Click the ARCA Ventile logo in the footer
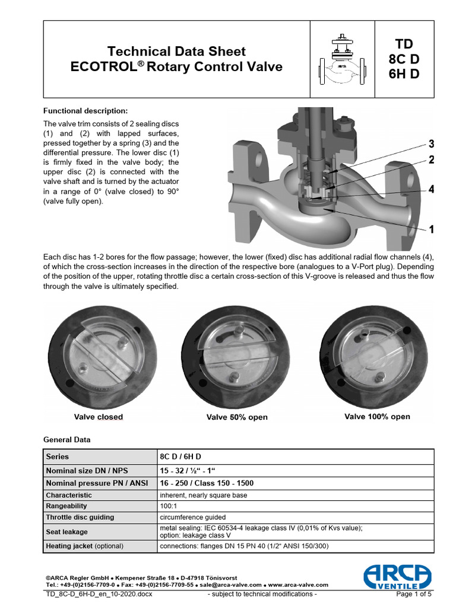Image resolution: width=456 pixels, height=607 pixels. (397, 576)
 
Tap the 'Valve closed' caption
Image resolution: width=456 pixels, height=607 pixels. (99, 417)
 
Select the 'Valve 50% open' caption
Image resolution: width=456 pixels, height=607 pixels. (237, 417)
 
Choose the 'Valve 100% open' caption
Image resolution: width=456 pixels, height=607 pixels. (377, 417)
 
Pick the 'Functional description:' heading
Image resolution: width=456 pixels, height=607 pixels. (85, 111)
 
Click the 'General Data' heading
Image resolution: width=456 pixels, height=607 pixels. (67, 440)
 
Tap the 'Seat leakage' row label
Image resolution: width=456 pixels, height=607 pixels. (66, 532)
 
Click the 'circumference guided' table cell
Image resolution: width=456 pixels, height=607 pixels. (193, 517)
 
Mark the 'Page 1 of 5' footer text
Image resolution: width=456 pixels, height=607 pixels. (414, 594)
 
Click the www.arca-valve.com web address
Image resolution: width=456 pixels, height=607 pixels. (298, 585)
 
